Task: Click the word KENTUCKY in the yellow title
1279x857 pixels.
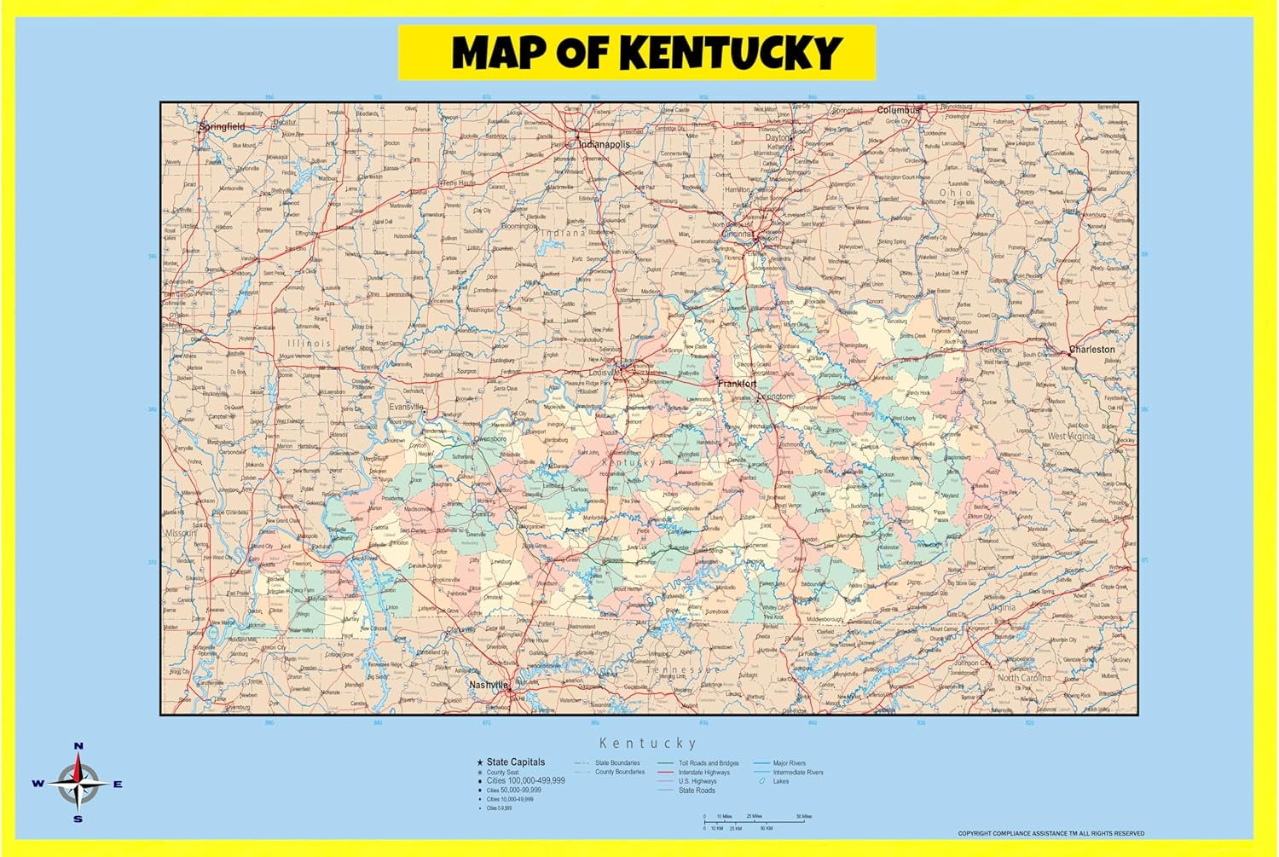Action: coord(731,53)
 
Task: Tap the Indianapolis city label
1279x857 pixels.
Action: coord(605,144)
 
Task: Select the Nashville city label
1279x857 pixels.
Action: coord(489,685)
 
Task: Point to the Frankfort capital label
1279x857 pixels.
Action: coord(737,384)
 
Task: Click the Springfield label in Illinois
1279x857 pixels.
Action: coord(222,126)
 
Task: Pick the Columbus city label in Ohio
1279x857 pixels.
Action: coord(899,110)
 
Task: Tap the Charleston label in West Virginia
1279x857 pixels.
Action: coord(1092,350)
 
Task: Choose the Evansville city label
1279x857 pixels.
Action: coord(407,407)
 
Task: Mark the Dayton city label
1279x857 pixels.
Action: coord(778,137)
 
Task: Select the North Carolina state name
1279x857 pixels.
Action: coord(1024,678)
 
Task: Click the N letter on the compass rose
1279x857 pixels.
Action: coord(78,746)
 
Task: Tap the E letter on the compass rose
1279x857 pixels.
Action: coord(118,784)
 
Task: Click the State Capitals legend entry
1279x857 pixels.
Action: coord(515,762)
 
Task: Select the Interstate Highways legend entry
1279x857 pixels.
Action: coord(703,773)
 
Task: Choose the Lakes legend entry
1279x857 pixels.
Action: coord(780,781)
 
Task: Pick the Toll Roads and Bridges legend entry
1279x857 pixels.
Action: coord(708,763)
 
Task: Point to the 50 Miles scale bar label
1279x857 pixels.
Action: coord(803,816)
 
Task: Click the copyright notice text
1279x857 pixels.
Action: coord(1050,833)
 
